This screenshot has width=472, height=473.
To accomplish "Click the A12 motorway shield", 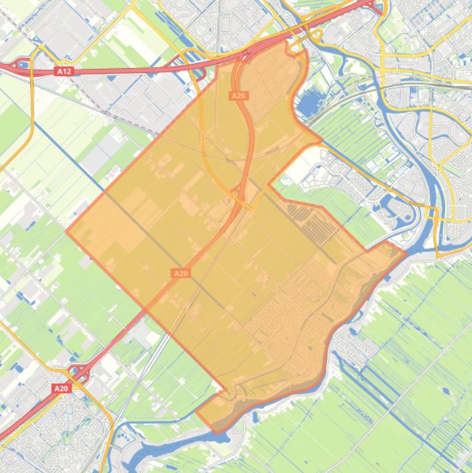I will click(x=64, y=71).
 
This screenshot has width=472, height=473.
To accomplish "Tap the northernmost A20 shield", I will click(x=238, y=95).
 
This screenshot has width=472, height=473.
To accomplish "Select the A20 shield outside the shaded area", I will click(x=61, y=388).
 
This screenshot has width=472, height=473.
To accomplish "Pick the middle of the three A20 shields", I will click(x=180, y=273).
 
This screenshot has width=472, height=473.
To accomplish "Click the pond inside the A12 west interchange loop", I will click(x=23, y=64).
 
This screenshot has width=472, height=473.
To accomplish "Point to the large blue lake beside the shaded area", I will click(x=306, y=104).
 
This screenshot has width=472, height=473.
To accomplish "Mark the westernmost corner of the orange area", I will click(x=66, y=232).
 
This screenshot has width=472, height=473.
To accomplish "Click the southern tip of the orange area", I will click(x=216, y=432).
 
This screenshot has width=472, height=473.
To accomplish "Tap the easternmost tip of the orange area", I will click(x=406, y=252).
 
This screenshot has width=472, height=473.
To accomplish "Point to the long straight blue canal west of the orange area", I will click(x=68, y=154).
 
